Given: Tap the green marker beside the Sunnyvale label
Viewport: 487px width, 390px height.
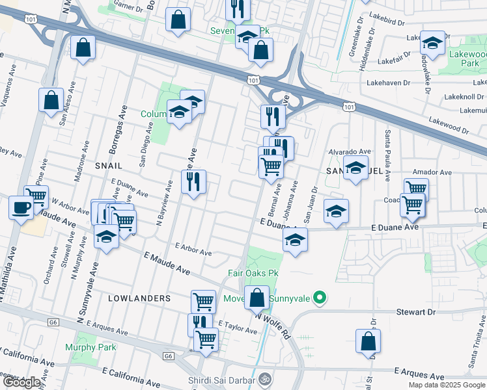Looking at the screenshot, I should [x=319, y=298].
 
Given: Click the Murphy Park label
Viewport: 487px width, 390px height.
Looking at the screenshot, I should [x=90, y=347].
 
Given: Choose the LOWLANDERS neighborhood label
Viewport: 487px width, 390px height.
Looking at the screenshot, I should [x=139, y=298].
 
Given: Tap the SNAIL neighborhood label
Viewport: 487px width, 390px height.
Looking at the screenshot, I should [x=109, y=166].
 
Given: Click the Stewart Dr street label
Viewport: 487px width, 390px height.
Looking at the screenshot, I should [x=416, y=312].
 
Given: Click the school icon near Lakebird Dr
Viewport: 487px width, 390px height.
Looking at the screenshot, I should [x=432, y=43].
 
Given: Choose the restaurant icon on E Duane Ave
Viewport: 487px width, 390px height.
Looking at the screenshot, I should [x=193, y=182].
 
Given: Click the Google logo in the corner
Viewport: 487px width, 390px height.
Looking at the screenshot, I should [x=21, y=382].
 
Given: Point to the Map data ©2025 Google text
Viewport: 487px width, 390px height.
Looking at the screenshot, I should [x=446, y=385].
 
